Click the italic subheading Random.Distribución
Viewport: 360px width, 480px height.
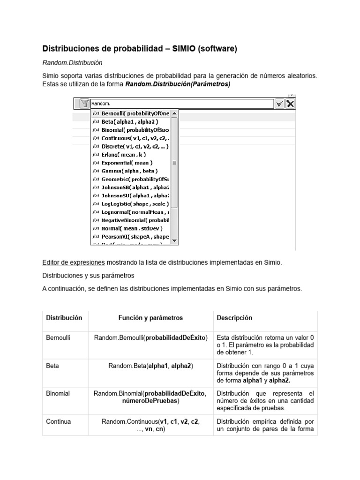[x=72, y=62]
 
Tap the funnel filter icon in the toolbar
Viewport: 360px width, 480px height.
[x=84, y=104]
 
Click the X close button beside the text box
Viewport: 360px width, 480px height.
[x=291, y=104]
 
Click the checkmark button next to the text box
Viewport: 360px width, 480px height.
[x=279, y=104]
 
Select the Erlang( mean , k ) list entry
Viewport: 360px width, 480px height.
[x=124, y=154]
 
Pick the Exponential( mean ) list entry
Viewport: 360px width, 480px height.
[x=127, y=163]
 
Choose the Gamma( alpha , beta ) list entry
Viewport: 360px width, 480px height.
[x=129, y=171]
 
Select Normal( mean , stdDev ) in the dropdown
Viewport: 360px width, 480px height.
[x=132, y=228]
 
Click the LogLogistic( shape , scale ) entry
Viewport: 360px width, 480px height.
[x=135, y=204]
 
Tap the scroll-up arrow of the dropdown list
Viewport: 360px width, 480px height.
[x=174, y=113]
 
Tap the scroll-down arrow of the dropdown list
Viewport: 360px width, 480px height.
[x=174, y=240]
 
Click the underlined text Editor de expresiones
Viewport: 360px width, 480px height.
[x=73, y=262]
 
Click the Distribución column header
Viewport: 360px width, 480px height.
[x=64, y=318]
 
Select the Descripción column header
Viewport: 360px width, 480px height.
[x=234, y=318]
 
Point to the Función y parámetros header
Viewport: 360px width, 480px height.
[x=150, y=318]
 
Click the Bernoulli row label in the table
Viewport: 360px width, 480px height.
[x=58, y=337]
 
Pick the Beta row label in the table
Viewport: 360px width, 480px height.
[x=52, y=365]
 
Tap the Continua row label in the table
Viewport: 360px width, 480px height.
[x=59, y=421]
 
